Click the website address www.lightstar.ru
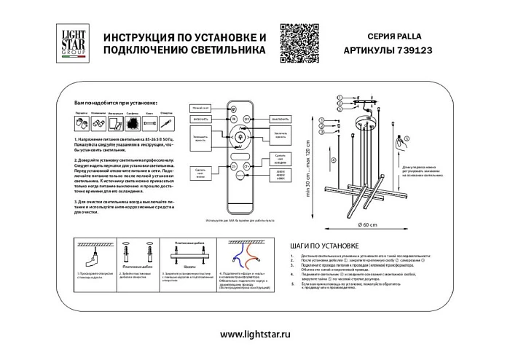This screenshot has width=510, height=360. tap(255, 334)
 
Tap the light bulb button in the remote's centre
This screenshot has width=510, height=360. tap(240, 135)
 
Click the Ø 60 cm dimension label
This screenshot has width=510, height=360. tap(368, 224)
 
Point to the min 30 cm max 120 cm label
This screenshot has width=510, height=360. tap(308, 171)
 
